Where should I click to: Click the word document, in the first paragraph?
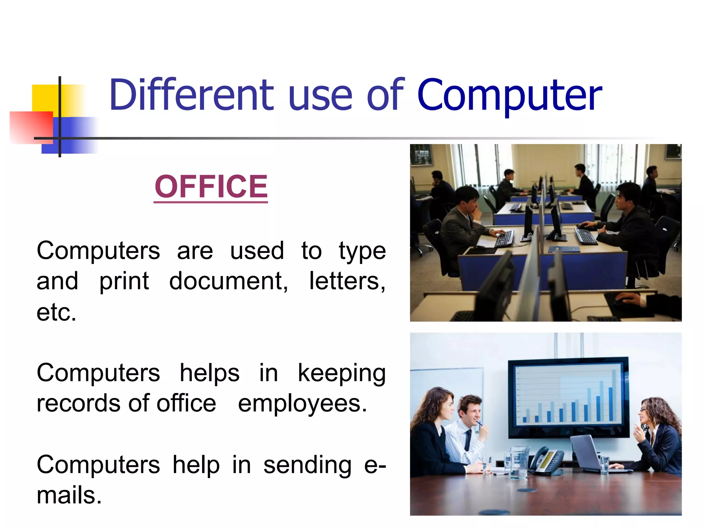click(x=228, y=281)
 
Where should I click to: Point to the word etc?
click(x=56, y=312)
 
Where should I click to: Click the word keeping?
click(x=341, y=373)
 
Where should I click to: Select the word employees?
click(x=302, y=404)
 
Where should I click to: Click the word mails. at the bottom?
click(x=69, y=495)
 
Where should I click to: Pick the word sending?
click(x=307, y=465)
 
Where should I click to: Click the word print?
click(x=124, y=281)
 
